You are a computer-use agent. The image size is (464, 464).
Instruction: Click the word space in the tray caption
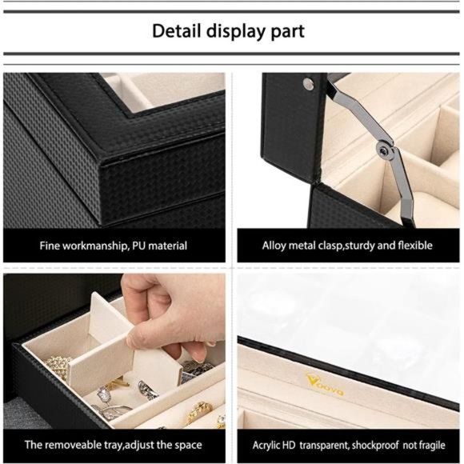click(186, 444)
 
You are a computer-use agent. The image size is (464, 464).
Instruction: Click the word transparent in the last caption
click(320, 444)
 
